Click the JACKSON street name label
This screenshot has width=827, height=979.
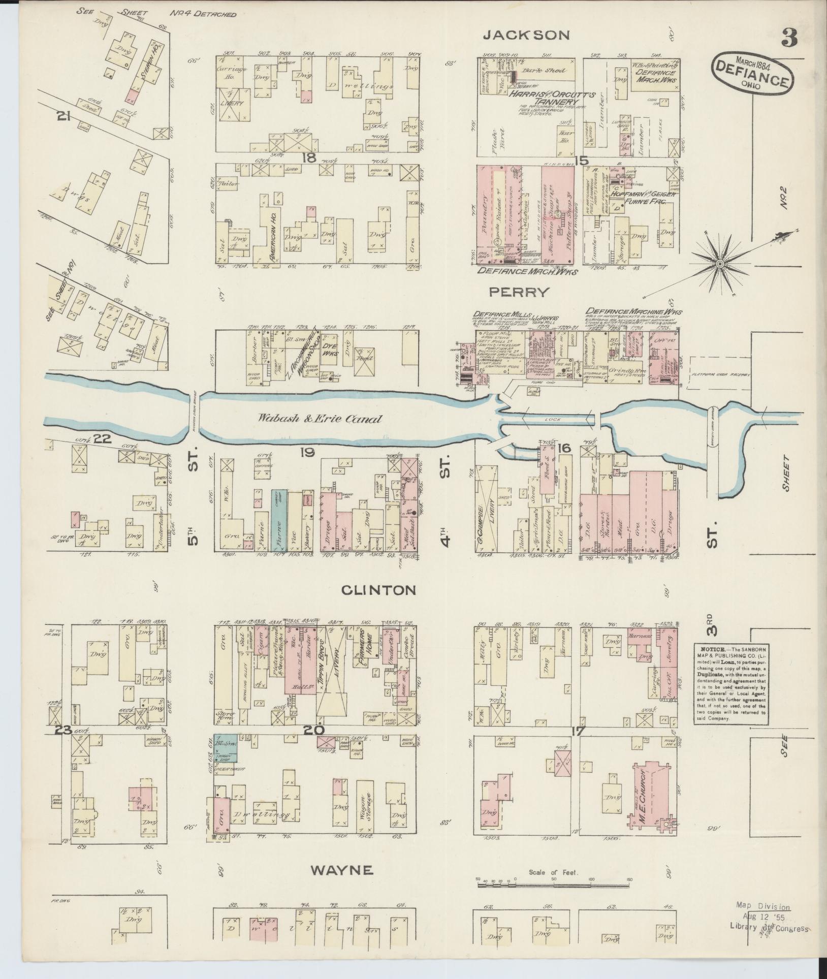[x=526, y=36]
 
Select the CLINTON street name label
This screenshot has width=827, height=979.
[x=378, y=590]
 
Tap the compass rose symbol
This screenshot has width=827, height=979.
[x=719, y=264]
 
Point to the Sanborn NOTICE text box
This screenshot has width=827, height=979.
[x=731, y=685]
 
